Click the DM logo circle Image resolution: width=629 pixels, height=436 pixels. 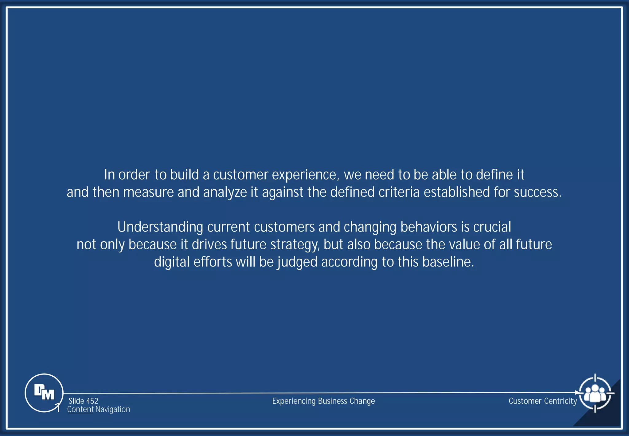click(x=44, y=393)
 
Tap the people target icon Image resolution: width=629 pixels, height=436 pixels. click(x=595, y=393)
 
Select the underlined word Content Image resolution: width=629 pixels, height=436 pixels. click(x=80, y=409)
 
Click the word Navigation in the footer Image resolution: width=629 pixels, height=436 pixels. click(x=112, y=409)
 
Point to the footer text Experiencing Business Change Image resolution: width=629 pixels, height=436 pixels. click(x=323, y=401)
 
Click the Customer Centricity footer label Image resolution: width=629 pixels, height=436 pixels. click(x=543, y=401)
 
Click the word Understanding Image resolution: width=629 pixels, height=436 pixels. click(x=160, y=227)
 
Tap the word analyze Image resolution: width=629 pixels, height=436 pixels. click(x=225, y=192)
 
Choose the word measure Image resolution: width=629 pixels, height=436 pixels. click(x=148, y=192)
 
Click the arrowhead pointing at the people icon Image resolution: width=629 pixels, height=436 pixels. click(x=577, y=393)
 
